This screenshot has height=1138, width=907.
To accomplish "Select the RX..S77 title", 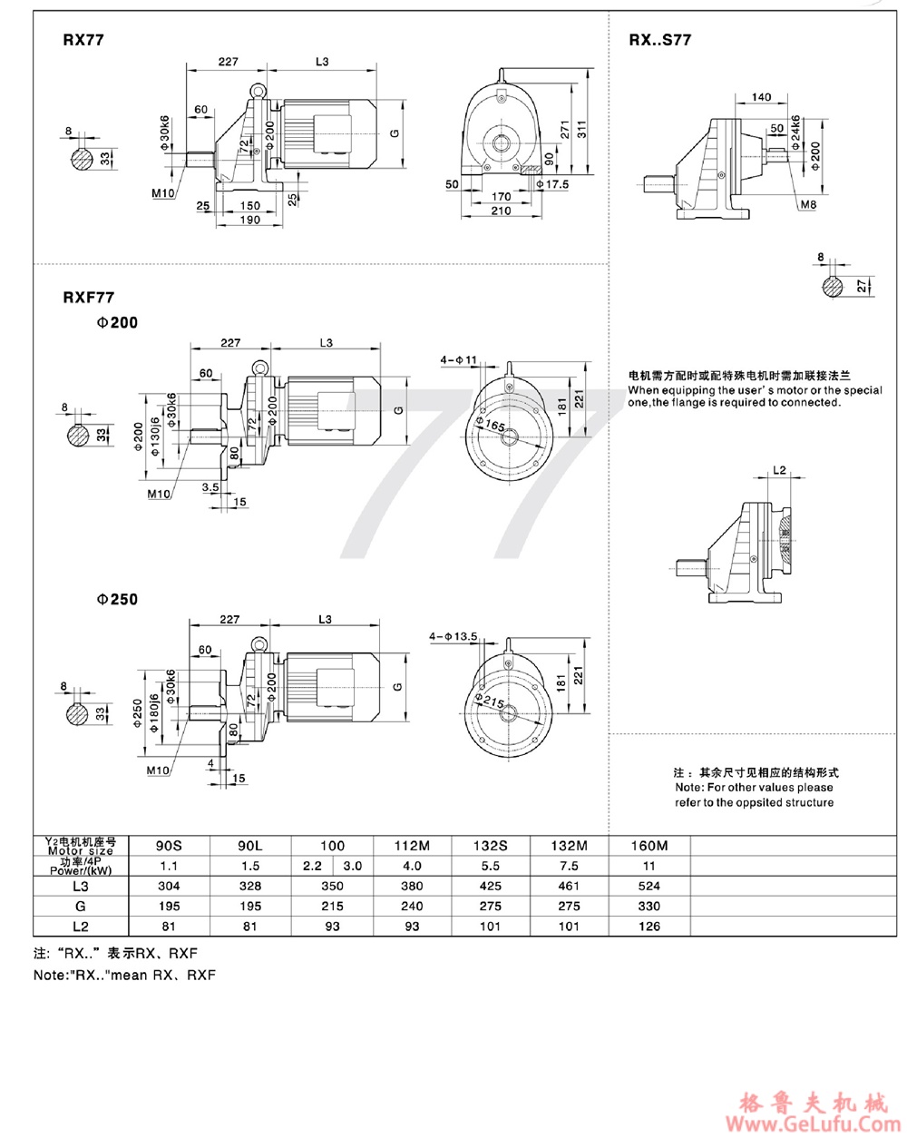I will coord(660,40).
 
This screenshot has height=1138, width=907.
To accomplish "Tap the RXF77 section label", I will coord(89,297).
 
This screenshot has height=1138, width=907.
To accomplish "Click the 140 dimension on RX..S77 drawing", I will coord(762,96).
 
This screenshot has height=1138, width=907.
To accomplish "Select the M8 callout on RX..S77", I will coord(808,206).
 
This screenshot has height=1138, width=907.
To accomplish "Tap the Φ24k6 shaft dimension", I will coord(795,132).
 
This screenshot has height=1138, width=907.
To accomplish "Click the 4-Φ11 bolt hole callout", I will coord(459,360).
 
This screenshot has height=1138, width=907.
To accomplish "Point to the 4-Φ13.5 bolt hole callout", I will coord(453,637).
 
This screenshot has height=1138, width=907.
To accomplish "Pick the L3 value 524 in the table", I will coord(649,886).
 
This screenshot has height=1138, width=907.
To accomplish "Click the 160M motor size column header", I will coord(649,846).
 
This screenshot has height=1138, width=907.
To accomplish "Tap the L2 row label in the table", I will coord(81,926).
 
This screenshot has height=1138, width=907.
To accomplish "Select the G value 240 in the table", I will coord(412,906).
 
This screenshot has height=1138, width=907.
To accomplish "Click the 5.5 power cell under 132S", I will coord(490,866).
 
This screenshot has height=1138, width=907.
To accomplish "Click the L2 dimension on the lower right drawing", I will coord(780,470).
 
